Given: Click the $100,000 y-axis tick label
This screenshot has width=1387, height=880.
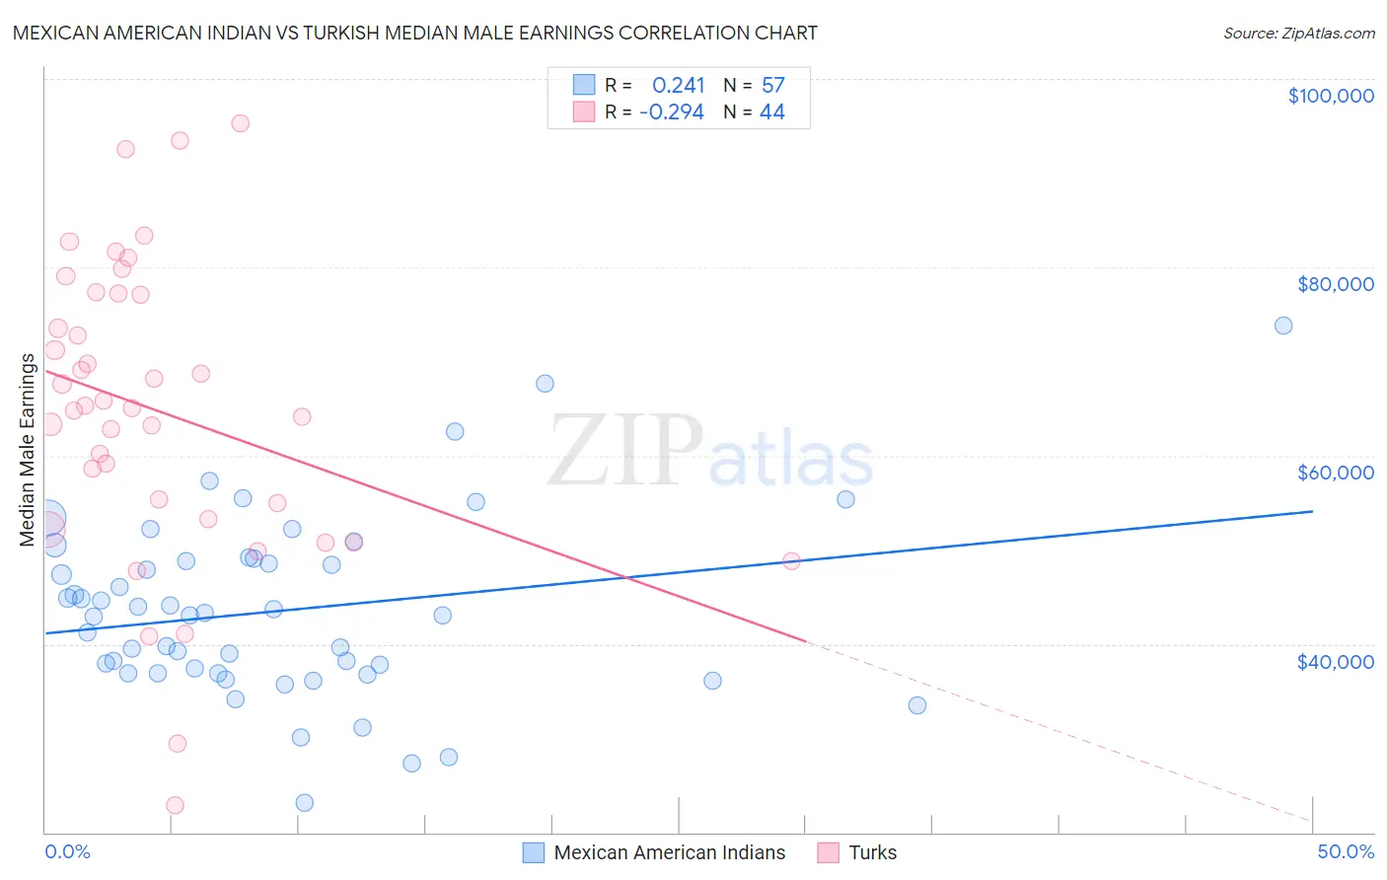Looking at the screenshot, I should [x=1331, y=96].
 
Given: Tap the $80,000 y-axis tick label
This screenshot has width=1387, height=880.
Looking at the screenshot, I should [x=1335, y=284].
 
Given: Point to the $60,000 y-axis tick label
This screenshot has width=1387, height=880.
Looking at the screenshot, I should [x=1335, y=473].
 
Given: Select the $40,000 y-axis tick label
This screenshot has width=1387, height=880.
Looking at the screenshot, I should [x=1335, y=661].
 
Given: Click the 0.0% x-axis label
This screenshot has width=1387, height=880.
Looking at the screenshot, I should [x=67, y=851].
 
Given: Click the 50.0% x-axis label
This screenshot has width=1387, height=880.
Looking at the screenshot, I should [x=1346, y=851].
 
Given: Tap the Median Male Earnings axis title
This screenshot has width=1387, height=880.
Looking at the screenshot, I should [x=28, y=450].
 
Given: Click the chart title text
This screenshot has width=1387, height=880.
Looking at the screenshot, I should [x=414, y=33].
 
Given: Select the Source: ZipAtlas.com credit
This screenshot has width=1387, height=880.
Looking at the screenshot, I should [x=1298, y=33].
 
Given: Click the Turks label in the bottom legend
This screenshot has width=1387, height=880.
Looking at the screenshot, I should [x=872, y=852].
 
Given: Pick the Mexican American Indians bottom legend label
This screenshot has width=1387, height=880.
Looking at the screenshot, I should [x=669, y=852].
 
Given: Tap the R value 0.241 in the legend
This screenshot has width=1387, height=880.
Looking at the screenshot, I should [x=679, y=86].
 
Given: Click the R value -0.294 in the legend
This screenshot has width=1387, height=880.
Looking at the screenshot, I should [x=672, y=112].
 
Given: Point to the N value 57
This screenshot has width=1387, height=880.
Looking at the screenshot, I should [x=772, y=86].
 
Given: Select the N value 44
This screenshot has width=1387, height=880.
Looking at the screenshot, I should [x=771, y=112].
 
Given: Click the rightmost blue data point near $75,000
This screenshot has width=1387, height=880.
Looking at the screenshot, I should [x=1283, y=326].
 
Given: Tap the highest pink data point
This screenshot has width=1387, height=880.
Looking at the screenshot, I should [x=240, y=123].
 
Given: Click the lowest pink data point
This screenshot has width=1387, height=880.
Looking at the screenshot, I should [x=175, y=805].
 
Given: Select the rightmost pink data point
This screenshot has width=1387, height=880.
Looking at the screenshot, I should [x=791, y=561].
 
